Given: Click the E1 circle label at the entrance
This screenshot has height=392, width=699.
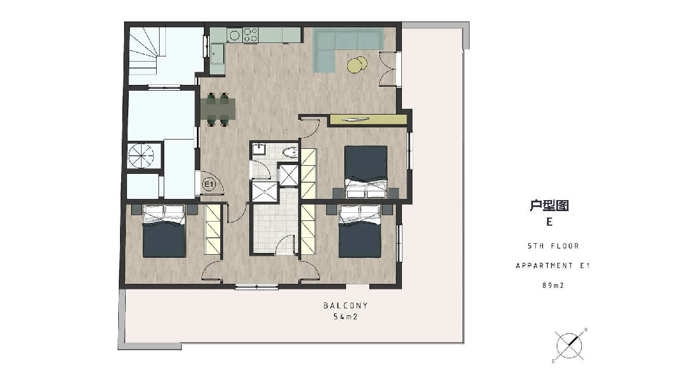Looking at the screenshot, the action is pos(209,184).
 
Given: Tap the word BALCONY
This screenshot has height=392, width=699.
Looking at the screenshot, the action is pos(345,305).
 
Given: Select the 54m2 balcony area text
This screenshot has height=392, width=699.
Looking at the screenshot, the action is pos(345,317).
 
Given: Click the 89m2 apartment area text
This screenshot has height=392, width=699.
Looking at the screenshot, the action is pos(553,285).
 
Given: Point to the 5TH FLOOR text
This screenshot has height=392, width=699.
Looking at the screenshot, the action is pos(553,246).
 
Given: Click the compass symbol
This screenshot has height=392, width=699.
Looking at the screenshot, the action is pos(569,345).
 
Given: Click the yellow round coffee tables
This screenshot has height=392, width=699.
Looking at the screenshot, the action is pos(357,65).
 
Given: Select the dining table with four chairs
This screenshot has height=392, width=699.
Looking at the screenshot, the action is pos(218,109).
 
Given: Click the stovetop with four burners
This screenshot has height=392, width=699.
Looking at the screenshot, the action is pos(250,34).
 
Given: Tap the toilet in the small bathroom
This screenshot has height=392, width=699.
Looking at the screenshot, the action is pos(290,152).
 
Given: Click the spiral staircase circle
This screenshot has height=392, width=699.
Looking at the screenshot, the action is pos(141,155).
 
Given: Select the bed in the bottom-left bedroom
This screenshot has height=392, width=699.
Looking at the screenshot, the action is pos(164,231).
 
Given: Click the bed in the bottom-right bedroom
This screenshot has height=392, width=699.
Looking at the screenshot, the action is pos(360,231).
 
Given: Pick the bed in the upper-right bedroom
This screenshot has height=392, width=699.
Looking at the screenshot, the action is pos(366,172).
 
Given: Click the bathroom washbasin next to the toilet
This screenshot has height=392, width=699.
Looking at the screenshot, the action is pos(259,149).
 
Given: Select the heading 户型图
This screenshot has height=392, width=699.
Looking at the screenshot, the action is pos(549,205).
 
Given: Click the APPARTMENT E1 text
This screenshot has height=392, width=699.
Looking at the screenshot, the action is pos(553,265).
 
